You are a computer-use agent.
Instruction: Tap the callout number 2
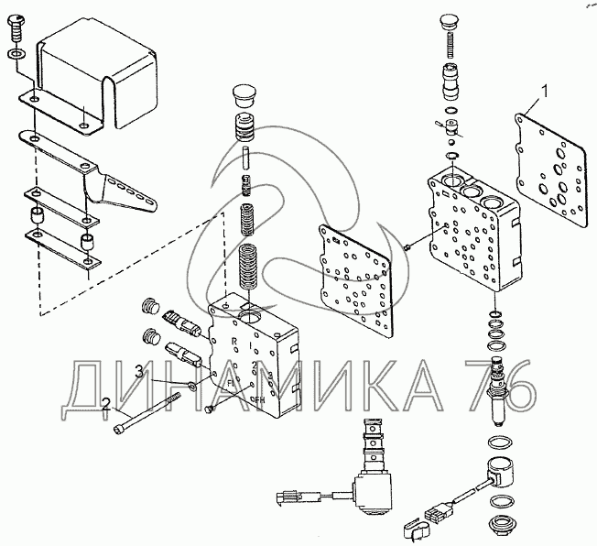[x=107, y=403]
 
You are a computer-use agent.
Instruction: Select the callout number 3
[x=139, y=370]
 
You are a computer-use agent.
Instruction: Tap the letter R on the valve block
[x=235, y=339]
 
